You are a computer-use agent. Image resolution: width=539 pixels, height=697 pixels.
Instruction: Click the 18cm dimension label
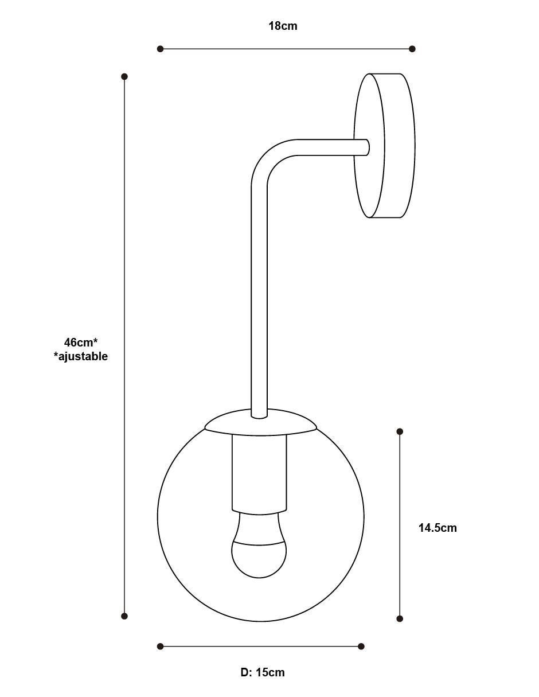pyautogui.click(x=283, y=26)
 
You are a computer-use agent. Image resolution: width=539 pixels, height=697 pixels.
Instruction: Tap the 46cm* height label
pyautogui.click(x=81, y=342)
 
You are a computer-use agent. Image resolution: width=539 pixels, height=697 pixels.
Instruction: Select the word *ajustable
pyautogui.click(x=81, y=357)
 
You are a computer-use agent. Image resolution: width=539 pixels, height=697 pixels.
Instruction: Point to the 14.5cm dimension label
pyautogui.click(x=438, y=528)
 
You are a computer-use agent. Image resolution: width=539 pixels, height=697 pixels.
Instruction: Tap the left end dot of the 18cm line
pyautogui.click(x=160, y=49)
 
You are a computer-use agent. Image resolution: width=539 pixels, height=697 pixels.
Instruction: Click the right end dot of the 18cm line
pyautogui.click(x=412, y=49)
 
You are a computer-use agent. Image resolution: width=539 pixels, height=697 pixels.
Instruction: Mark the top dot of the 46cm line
pyautogui.click(x=124, y=77)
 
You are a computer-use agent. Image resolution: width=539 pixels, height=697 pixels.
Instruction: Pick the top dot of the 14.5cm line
pyautogui.click(x=400, y=432)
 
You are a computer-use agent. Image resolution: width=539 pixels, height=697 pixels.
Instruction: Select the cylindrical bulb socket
pyautogui.click(x=259, y=474)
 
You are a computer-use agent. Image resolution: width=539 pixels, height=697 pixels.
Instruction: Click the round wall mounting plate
pyautogui.click(x=385, y=146)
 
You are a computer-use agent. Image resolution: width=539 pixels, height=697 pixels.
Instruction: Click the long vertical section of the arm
pyautogui.click(x=259, y=302)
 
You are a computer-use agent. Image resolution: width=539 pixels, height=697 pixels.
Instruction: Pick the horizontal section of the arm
pyautogui.click(x=333, y=147)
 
